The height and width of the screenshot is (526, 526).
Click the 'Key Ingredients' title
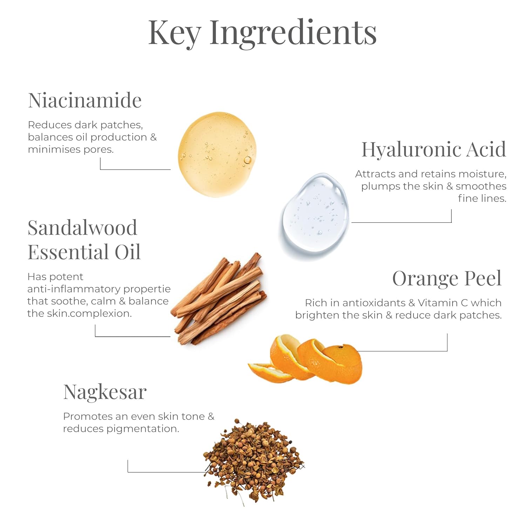[x=262, y=33]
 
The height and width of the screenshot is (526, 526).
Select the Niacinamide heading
[x=85, y=100]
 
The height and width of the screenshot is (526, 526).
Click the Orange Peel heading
[x=447, y=278]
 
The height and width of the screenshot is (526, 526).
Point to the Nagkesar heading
[x=105, y=392]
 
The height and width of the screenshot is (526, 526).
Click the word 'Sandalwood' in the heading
[x=82, y=228]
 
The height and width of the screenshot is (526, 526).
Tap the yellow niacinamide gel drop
[x=217, y=155]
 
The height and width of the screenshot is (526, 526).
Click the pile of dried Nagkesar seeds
[x=254, y=461]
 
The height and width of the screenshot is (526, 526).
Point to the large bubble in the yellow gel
[x=247, y=160]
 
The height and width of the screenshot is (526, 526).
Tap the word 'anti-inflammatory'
[x=74, y=289]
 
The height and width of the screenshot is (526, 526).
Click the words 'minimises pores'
[x=71, y=149]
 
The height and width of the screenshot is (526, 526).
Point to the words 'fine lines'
[x=482, y=198]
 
